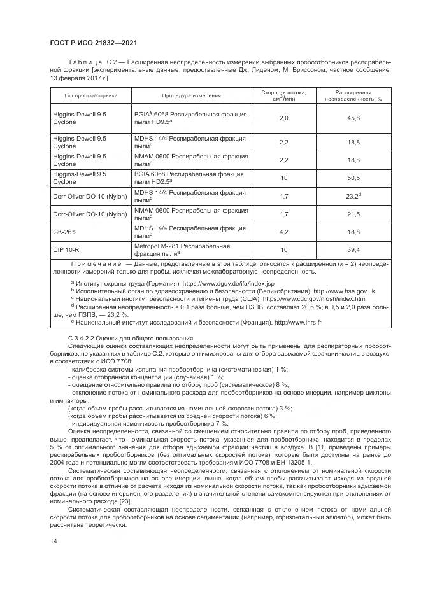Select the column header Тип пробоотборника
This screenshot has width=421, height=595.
(x=90, y=96)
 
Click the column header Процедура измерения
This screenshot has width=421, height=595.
(x=191, y=96)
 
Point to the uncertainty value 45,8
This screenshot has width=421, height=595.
(x=353, y=118)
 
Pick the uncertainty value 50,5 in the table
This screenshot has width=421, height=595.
(x=353, y=178)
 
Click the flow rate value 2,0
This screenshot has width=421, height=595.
(x=284, y=118)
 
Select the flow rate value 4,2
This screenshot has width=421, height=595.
(x=284, y=232)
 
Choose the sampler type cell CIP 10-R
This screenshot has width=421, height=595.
(x=65, y=249)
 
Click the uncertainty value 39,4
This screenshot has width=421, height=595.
(x=353, y=249)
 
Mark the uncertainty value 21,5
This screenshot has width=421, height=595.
(x=353, y=214)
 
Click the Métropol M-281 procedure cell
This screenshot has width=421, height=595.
(x=182, y=249)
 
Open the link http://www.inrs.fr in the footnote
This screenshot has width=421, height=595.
(x=298, y=322)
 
